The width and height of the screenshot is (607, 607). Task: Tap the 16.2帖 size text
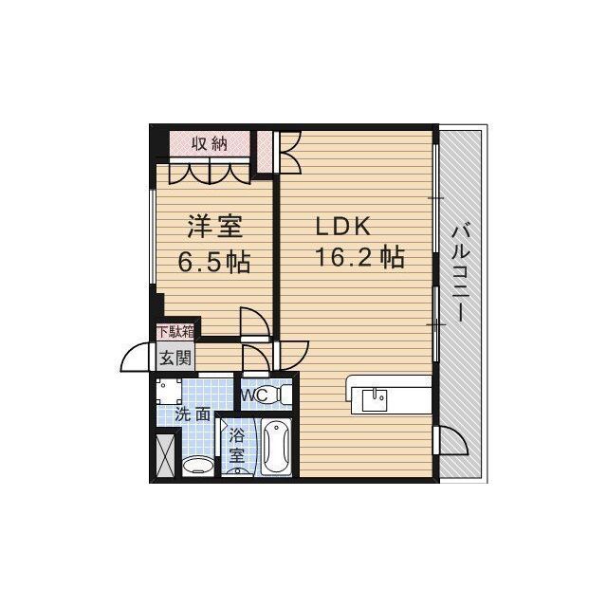pos(360,258)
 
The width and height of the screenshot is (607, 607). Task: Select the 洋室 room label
pos(214,229)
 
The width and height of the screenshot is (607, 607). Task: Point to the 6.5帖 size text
pos(214,261)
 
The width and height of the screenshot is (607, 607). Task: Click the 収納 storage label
pos(210,143)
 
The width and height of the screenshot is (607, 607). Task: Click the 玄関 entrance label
pos(175,359)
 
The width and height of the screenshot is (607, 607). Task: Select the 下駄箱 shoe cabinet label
pos(175,332)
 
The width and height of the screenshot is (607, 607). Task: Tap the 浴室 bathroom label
pos(236,446)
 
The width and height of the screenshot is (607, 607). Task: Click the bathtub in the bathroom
pos(276,446)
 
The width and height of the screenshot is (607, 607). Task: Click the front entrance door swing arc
pos(137,358)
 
